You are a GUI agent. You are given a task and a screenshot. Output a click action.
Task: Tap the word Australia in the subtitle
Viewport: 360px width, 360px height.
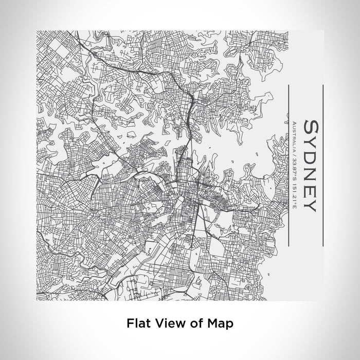tap(295, 136)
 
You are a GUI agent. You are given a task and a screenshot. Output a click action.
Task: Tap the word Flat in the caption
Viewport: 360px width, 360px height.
tap(136, 323)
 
